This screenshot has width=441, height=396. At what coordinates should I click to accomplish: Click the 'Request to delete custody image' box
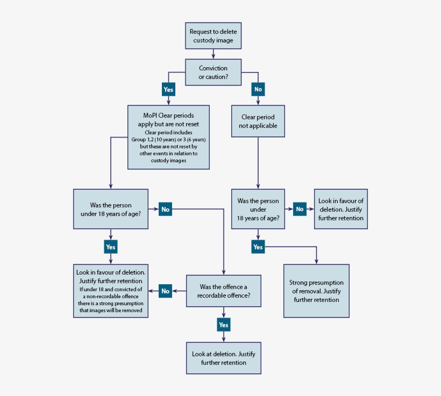214,36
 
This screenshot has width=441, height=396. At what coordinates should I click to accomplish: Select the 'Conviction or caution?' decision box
214,72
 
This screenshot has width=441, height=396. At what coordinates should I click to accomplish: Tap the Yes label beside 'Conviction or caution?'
168,89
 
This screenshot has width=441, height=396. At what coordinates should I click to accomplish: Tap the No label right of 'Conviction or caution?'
258,89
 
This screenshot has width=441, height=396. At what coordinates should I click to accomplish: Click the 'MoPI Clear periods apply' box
168,137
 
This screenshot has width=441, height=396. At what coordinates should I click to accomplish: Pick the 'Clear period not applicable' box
258,121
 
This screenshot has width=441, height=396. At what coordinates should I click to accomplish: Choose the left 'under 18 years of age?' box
110,209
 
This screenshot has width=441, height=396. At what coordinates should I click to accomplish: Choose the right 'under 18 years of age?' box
258,209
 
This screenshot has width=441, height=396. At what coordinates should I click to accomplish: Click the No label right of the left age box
165,209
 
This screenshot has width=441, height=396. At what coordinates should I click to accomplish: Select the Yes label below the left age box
110,247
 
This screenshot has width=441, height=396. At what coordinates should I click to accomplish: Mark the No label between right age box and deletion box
300,209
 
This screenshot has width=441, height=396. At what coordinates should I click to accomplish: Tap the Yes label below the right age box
258,247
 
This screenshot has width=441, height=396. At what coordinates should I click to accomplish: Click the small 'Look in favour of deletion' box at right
340,209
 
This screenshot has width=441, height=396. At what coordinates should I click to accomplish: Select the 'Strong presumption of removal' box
316,291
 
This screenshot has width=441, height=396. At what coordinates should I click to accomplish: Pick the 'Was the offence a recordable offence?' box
223,291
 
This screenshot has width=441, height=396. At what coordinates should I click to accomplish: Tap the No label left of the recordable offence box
165,291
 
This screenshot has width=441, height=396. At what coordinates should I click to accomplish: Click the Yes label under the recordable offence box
223,325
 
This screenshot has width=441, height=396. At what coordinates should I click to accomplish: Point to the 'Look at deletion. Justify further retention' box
223,358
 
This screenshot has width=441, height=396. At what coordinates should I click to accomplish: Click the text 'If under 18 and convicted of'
110,289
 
